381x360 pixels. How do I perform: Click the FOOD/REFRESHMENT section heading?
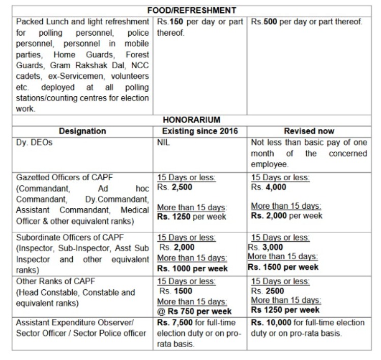tap(191, 10)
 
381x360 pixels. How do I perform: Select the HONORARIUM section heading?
tap(191, 120)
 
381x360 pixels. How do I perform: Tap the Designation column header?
tap(82, 131)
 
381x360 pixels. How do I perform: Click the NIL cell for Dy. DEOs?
tap(163, 143)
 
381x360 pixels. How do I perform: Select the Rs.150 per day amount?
tap(170, 22)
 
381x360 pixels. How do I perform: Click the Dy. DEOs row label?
tap(35, 143)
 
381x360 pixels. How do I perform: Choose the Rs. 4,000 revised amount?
tap(269, 187)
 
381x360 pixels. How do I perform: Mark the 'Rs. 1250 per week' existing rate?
tap(190, 216)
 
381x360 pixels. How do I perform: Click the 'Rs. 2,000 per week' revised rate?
tap(287, 216)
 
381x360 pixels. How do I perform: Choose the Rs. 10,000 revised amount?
tap(271, 323)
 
